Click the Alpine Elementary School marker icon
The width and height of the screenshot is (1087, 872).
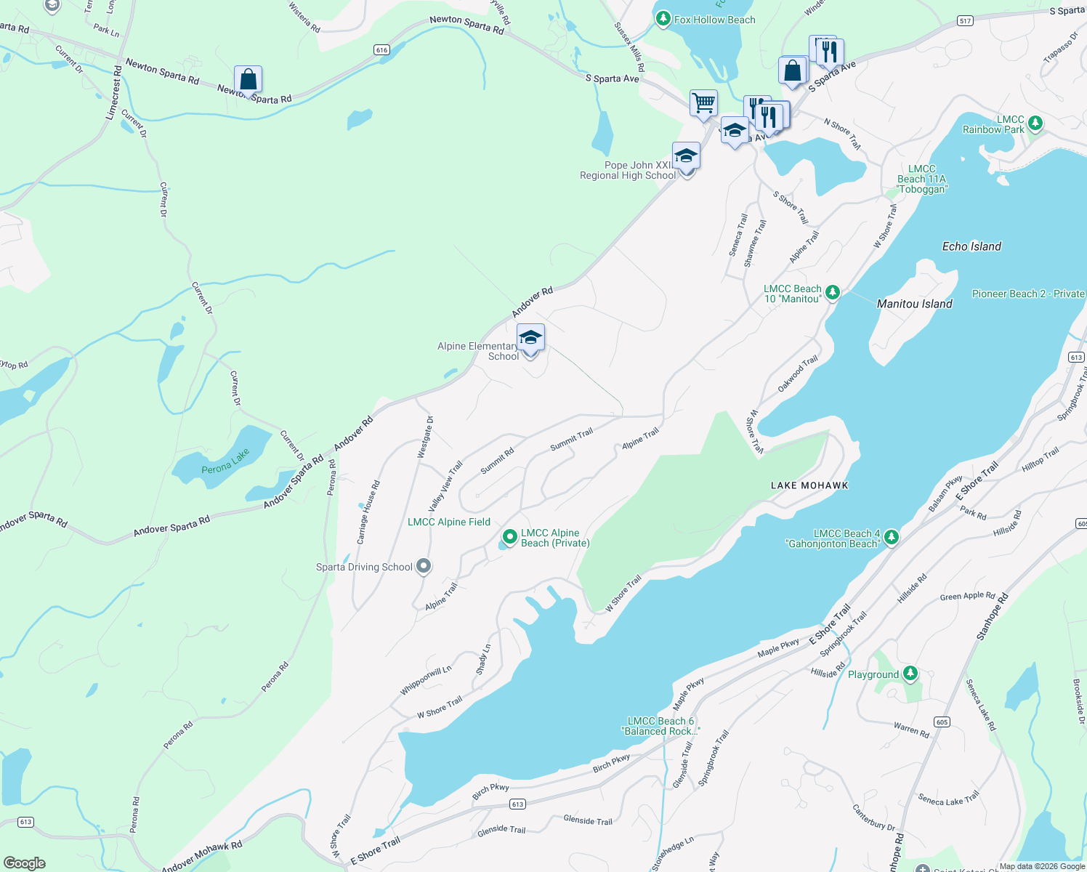[x=530, y=339]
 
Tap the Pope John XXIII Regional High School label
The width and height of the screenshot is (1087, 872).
[x=628, y=171]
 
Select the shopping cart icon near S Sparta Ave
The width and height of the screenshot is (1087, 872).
[x=703, y=103]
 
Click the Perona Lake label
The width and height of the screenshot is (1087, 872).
[x=225, y=461]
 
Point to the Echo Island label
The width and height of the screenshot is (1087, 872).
[x=971, y=246]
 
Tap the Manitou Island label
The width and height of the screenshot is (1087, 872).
[x=914, y=304]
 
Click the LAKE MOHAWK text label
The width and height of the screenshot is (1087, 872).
[x=809, y=485]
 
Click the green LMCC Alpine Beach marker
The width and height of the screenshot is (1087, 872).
[x=510, y=538]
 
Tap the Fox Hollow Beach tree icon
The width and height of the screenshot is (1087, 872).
[x=663, y=20]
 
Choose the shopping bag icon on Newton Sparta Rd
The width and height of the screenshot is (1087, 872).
[x=248, y=79]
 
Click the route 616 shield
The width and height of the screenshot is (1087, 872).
[x=381, y=50]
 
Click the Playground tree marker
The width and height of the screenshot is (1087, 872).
[x=910, y=674]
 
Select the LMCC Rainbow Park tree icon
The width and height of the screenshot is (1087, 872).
[x=1035, y=124]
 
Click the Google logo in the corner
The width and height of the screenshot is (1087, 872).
[x=24, y=863]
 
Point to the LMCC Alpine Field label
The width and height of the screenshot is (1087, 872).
[x=448, y=522]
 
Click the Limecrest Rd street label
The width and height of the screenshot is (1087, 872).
[x=113, y=93]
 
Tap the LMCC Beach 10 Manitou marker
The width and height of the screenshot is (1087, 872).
[x=833, y=293]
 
